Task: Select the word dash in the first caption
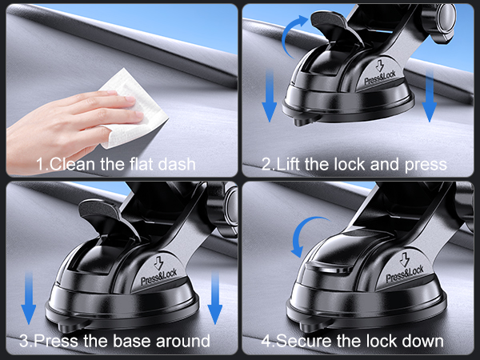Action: coord(178,165)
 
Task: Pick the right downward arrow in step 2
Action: coord(430,94)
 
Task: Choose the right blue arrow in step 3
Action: coord(214,297)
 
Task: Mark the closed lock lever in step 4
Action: coord(336,268)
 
